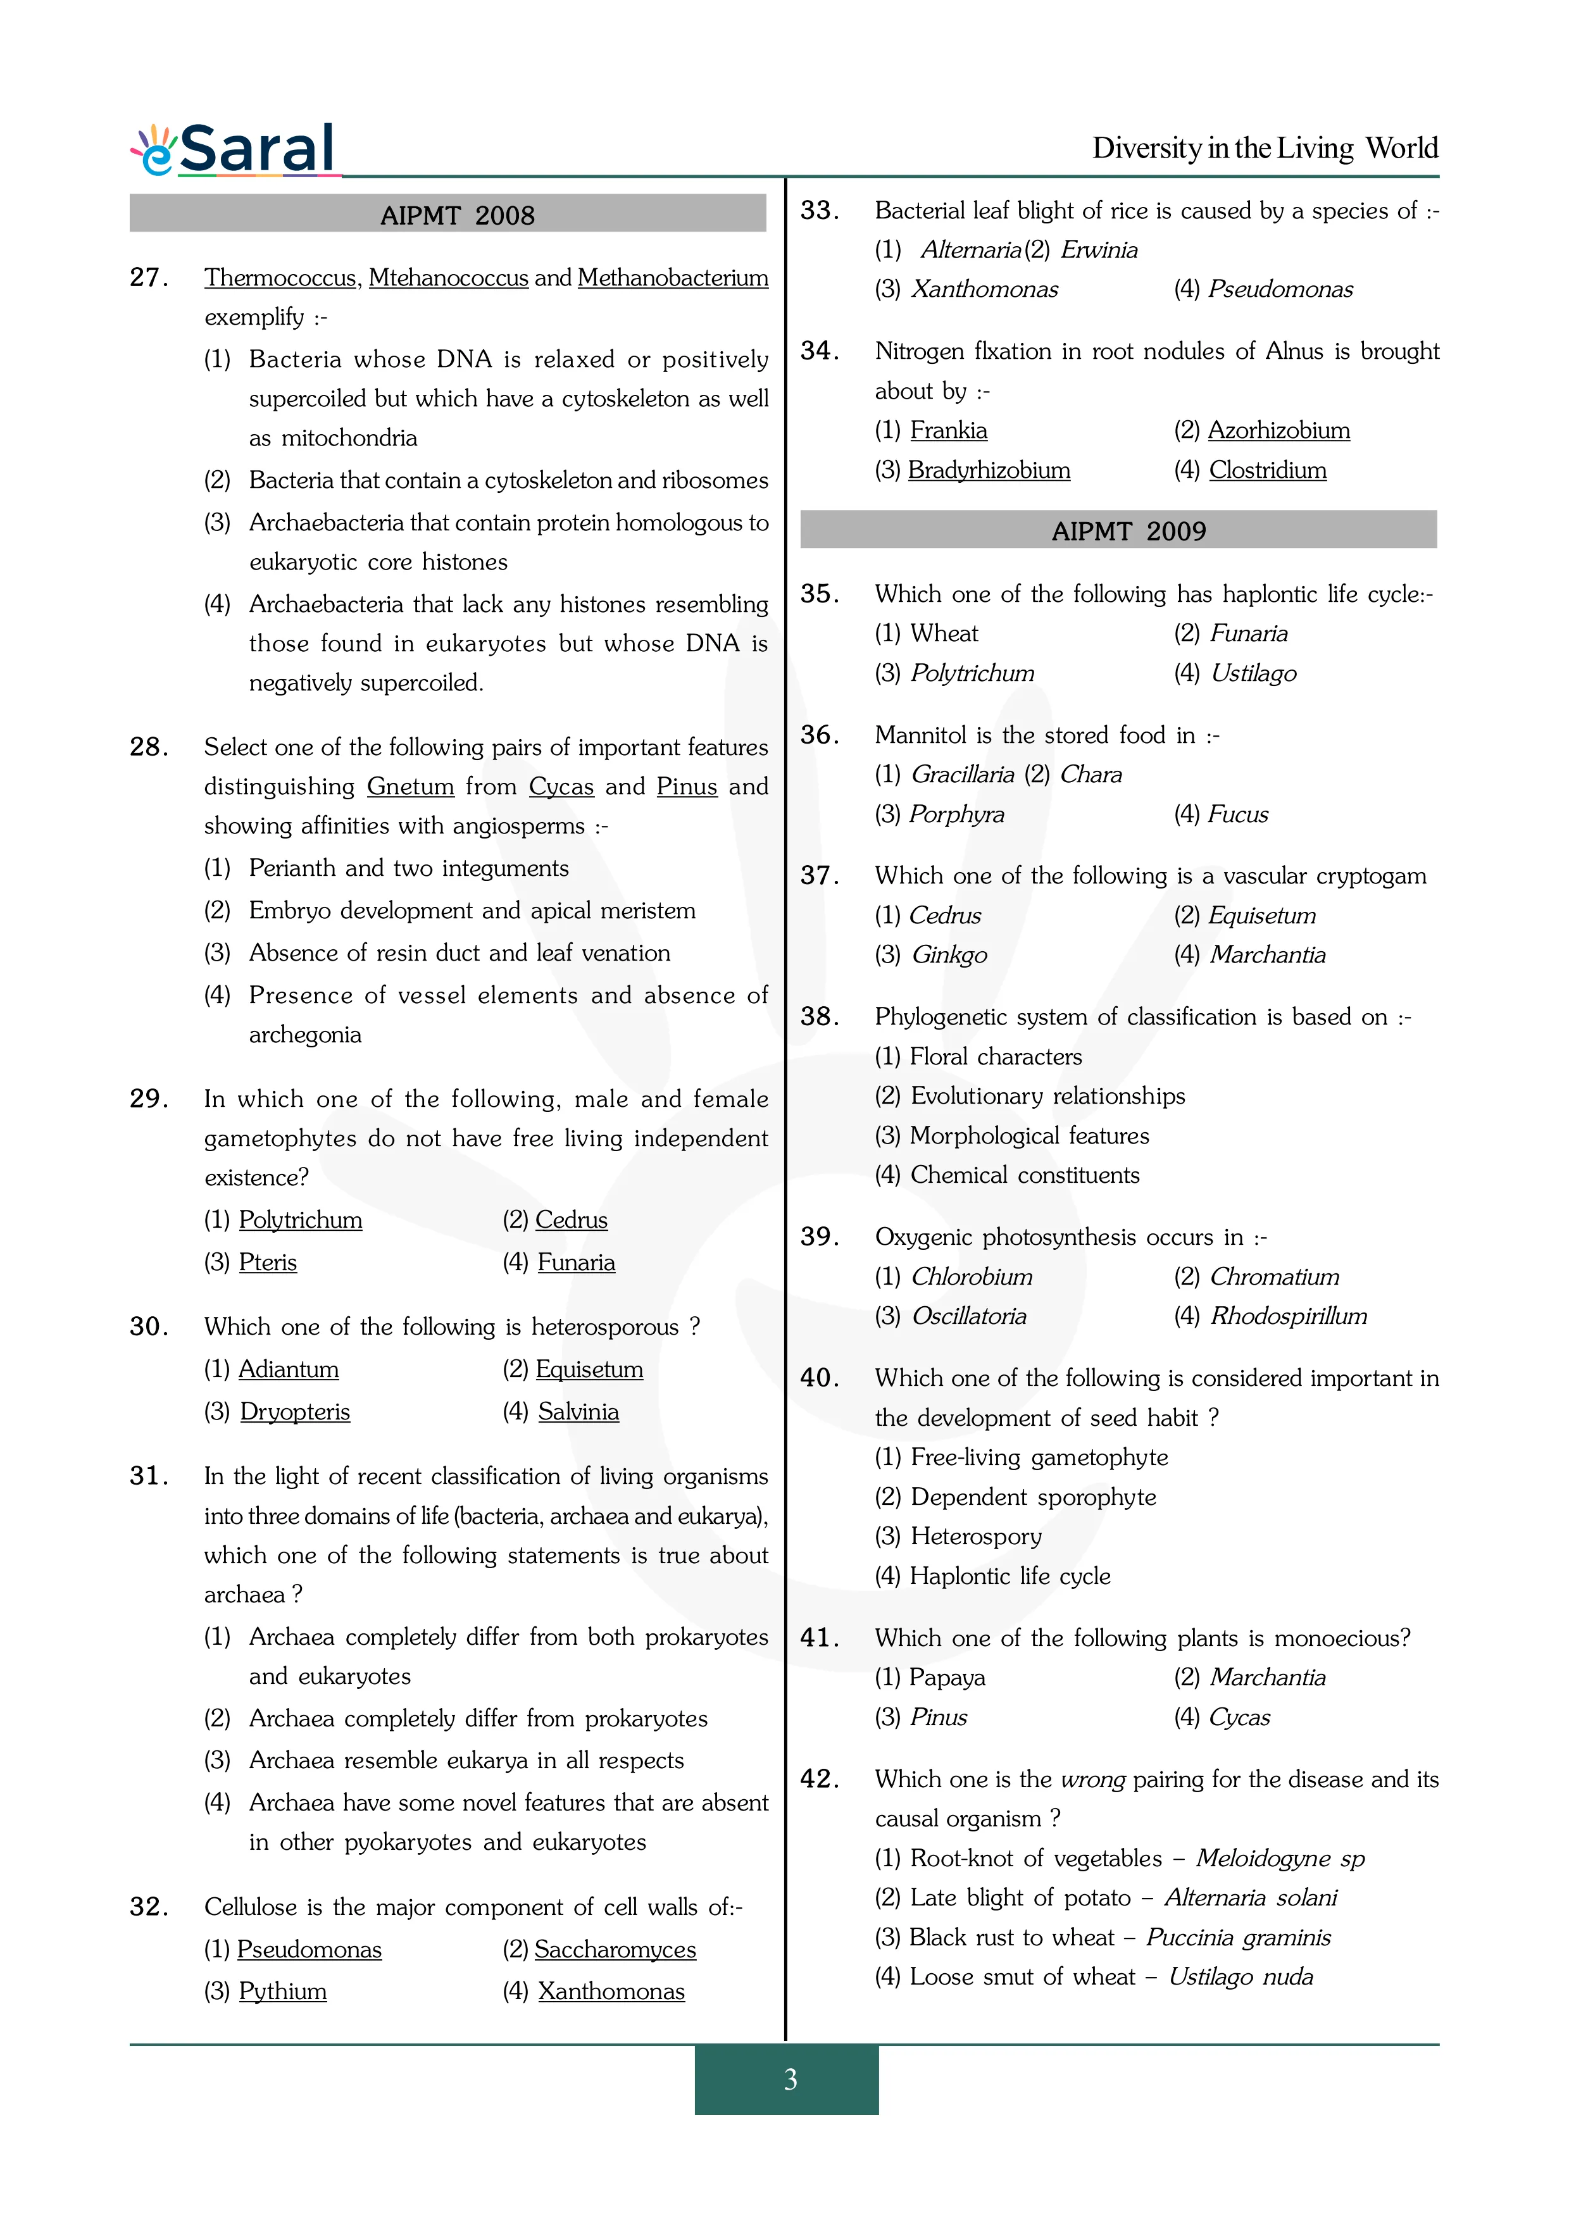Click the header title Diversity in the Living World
(x=1265, y=148)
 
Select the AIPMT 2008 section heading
(x=457, y=215)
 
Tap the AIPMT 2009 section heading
(x=1128, y=531)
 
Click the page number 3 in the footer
(x=790, y=2080)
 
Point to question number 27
(x=149, y=277)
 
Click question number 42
(x=820, y=1778)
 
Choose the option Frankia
(x=948, y=430)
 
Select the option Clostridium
(x=1267, y=470)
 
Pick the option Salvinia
(x=578, y=1412)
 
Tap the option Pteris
(x=268, y=1262)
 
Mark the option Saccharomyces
(x=615, y=1949)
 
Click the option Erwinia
(x=1099, y=249)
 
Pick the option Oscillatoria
(x=968, y=1316)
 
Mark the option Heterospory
(x=975, y=1537)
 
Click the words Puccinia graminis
(x=1239, y=1936)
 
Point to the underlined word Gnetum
(x=411, y=786)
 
